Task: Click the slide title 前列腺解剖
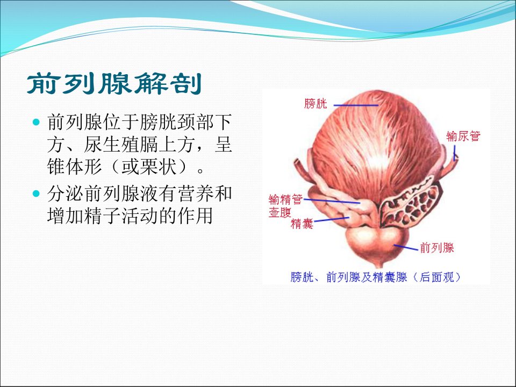click(114, 84)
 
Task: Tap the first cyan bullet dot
click(36, 123)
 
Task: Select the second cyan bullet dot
click(36, 193)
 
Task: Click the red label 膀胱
click(316, 103)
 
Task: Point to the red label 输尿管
click(463, 136)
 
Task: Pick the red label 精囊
click(302, 224)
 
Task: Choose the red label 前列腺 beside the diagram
click(437, 247)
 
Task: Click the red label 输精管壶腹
click(285, 206)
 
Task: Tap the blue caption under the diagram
click(375, 277)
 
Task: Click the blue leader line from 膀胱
click(356, 105)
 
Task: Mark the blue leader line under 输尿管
click(455, 153)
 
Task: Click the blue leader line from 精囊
click(331, 219)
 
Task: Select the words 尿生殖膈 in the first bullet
click(121, 145)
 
